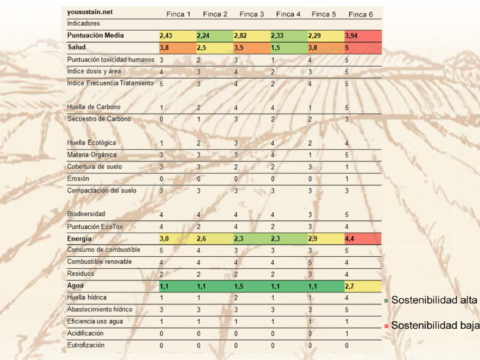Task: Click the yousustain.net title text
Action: tap(90, 12)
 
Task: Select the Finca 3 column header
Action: tap(252, 14)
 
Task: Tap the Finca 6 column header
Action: tap(361, 14)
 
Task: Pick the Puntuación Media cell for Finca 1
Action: tap(178, 36)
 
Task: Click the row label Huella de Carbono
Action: tap(94, 107)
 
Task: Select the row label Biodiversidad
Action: tap(86, 214)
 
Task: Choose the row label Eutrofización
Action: tap(86, 345)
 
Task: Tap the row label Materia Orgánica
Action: tap(92, 154)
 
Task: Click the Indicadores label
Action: tap(83, 23)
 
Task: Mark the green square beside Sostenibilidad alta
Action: tap(386, 301)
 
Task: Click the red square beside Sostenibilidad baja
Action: tap(386, 326)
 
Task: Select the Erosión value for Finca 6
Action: tap(347, 179)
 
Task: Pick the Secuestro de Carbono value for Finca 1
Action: tap(161, 119)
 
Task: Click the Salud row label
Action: tap(76, 47)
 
